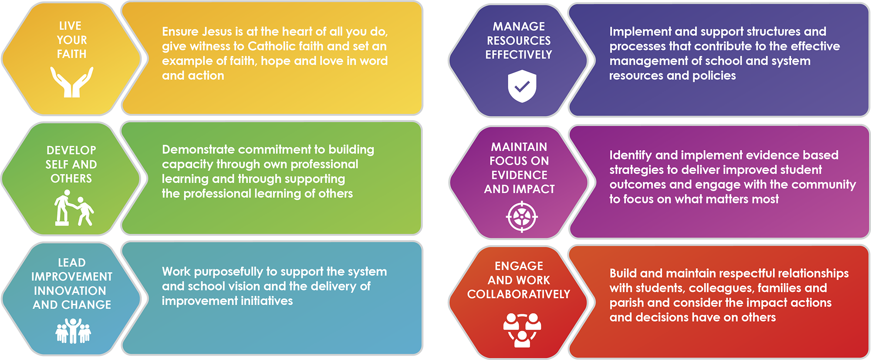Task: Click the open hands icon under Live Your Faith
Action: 72,82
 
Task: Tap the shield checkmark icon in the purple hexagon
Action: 522,86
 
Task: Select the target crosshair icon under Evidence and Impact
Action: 522,217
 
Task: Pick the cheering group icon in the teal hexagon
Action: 73,331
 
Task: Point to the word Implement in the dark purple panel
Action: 634,32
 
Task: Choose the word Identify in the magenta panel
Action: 631,156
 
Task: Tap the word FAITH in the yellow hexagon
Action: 72,54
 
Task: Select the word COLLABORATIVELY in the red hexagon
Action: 519,294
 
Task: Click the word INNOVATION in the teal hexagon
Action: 70,291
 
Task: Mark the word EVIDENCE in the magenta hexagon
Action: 519,175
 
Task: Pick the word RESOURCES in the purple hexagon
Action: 519,40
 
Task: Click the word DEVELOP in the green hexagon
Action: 71,151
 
